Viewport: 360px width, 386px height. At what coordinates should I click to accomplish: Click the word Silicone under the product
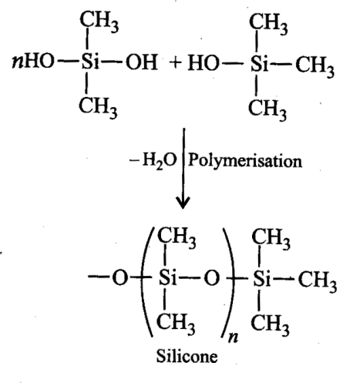(187, 356)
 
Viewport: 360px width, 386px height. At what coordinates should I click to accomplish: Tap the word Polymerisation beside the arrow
(245, 162)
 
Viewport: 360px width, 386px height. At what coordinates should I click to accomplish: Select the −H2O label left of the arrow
(153, 161)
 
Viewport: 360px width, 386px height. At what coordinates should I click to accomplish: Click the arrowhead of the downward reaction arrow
(183, 203)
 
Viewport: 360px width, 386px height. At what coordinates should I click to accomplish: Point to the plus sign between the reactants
(176, 62)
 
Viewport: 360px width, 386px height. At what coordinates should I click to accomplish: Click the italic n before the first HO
(17, 63)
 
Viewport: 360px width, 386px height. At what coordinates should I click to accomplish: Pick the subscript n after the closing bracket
(233, 337)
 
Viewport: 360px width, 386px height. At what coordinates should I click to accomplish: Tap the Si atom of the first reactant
(90, 62)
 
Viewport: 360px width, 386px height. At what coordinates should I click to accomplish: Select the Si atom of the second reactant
(259, 63)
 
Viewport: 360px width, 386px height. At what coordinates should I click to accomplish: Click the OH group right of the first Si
(141, 62)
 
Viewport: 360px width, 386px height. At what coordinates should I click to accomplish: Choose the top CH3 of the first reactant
(99, 22)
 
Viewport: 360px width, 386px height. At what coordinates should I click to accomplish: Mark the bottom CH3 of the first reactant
(98, 108)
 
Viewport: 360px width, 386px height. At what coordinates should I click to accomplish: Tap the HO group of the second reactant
(204, 63)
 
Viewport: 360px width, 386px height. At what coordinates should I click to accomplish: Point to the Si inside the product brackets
(168, 278)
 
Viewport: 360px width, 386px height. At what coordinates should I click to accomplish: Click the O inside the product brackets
(212, 278)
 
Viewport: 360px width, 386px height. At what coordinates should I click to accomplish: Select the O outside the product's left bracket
(120, 278)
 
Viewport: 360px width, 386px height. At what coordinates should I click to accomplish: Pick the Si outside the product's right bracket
(262, 279)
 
